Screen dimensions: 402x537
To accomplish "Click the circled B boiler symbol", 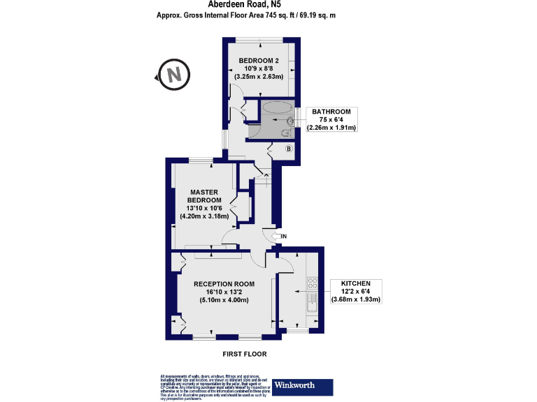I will click(x=289, y=149).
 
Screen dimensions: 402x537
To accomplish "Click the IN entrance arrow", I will click(x=282, y=237).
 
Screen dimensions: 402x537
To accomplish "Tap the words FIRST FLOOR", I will click(x=245, y=354).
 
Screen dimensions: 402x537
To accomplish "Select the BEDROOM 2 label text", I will click(x=259, y=61).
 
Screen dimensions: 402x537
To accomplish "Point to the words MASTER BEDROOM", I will click(x=204, y=196).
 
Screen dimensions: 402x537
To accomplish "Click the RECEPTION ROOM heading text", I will click(x=224, y=283).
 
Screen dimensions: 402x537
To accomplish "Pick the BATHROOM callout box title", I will click(x=331, y=112).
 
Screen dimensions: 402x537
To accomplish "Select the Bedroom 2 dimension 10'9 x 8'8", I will click(x=259, y=68).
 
